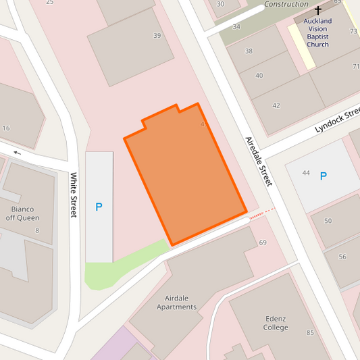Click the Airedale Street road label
259,161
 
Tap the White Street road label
74,195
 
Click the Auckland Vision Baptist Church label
317,32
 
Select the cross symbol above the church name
317,11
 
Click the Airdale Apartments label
176,302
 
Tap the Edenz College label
276,323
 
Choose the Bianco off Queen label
22,213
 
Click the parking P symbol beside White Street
99,207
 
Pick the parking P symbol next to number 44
323,176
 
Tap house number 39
157,36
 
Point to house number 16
6,128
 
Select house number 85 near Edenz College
310,332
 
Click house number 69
262,243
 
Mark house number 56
342,257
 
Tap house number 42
276,105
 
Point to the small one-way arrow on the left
17,153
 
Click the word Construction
286,4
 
